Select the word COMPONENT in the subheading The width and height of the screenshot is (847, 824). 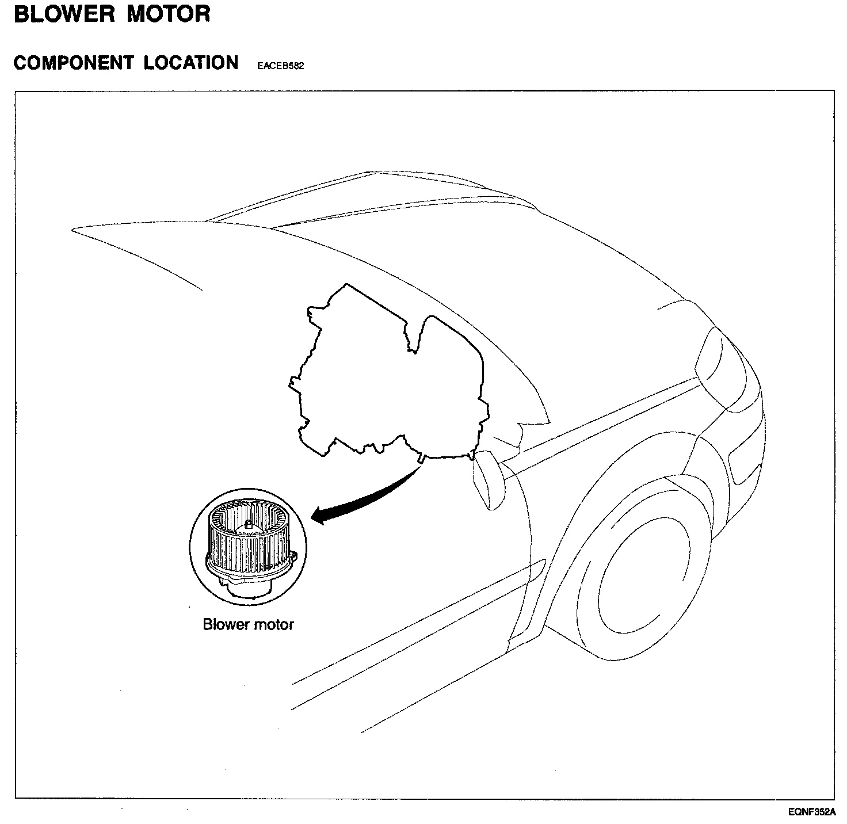pos(73,63)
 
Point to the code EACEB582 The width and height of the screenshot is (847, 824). pos(281,66)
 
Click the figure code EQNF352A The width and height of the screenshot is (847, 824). pos(811,812)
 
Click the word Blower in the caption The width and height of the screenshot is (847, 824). pos(224,624)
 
